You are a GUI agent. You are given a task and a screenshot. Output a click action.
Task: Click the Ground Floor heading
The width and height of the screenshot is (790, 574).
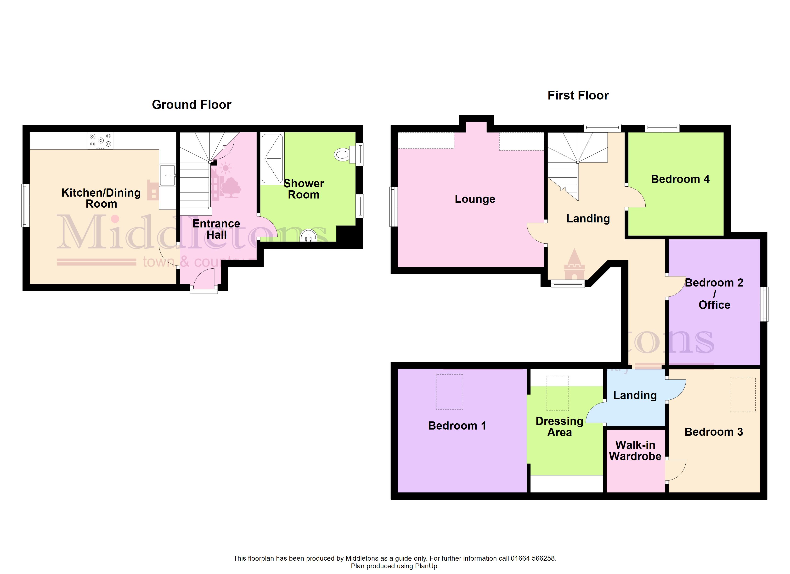(192, 105)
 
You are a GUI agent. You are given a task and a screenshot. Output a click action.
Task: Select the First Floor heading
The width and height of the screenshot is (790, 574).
(578, 95)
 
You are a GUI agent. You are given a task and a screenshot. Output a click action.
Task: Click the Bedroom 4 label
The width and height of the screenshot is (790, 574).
(680, 179)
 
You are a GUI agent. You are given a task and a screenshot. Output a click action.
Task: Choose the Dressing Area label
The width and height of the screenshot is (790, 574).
(559, 427)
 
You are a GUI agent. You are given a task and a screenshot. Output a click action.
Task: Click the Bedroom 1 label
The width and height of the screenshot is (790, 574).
(457, 426)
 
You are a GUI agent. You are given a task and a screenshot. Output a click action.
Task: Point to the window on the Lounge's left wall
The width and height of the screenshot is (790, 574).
(394, 207)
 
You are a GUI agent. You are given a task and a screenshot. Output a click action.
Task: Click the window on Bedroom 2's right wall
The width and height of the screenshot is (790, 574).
(764, 304)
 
